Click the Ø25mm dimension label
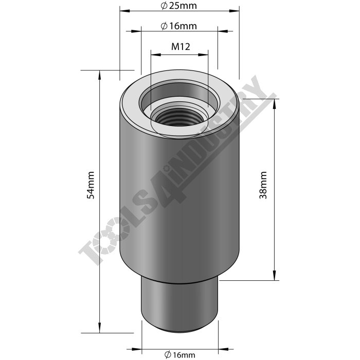click(179, 6)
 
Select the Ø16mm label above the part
click(179, 26)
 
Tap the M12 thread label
click(181, 46)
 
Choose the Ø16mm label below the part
click(179, 354)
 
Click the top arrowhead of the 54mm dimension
click(98, 75)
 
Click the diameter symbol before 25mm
click(163, 6)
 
